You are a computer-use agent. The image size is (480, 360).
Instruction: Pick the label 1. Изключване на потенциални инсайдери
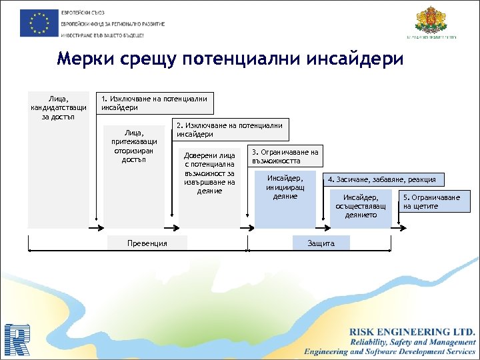point(154,103)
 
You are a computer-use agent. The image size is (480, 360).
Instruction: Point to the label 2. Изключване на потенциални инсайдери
point(230,130)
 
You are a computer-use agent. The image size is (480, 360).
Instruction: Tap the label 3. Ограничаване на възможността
point(285,156)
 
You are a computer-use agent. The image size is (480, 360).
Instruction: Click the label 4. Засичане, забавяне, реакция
point(382,179)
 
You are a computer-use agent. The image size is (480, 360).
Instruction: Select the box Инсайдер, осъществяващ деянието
point(361,206)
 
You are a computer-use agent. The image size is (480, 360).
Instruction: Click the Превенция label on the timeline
point(147,243)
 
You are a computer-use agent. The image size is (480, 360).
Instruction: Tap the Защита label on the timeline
point(321,243)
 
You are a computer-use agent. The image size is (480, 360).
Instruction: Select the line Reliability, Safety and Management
point(413,341)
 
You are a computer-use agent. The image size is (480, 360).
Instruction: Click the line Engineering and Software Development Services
point(390,351)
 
